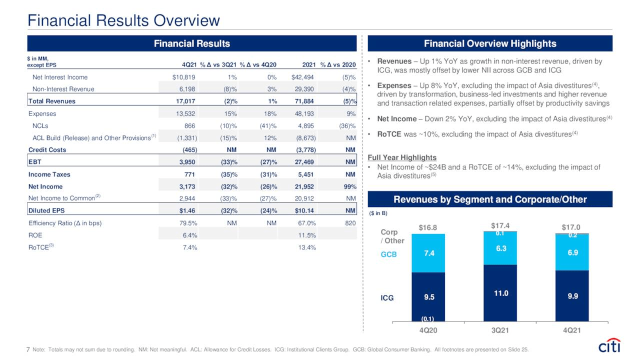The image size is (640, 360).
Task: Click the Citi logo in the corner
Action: pyautogui.click(x=609, y=346)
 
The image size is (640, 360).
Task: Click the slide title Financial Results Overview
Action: pyautogui.click(x=123, y=20)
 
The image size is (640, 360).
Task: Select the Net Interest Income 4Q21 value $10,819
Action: pyautogui.click(x=183, y=77)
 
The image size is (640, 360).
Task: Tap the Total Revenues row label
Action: pyautogui.click(x=52, y=101)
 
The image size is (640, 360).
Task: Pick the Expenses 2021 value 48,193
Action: pyautogui.click(x=303, y=113)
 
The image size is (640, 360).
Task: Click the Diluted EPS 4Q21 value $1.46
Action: pyautogui.click(x=186, y=210)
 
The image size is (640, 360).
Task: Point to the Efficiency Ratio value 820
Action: pyautogui.click(x=349, y=223)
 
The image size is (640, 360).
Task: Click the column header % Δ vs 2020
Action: pyautogui.click(x=337, y=64)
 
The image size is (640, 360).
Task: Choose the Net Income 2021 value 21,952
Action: pyautogui.click(x=303, y=186)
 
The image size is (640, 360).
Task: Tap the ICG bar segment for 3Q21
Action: pyautogui.click(x=500, y=293)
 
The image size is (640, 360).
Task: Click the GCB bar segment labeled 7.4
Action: pyautogui.click(x=428, y=253)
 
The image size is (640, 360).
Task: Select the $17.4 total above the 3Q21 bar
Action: pyautogui.click(x=500, y=225)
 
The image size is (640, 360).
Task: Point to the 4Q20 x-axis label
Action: pyautogui.click(x=428, y=330)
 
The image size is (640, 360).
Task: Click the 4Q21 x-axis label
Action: pyautogui.click(x=572, y=330)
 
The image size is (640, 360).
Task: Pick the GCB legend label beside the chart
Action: pyautogui.click(x=389, y=254)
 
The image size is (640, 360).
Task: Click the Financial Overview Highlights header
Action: pyautogui.click(x=489, y=43)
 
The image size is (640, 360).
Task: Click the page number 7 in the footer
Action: pyautogui.click(x=28, y=349)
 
